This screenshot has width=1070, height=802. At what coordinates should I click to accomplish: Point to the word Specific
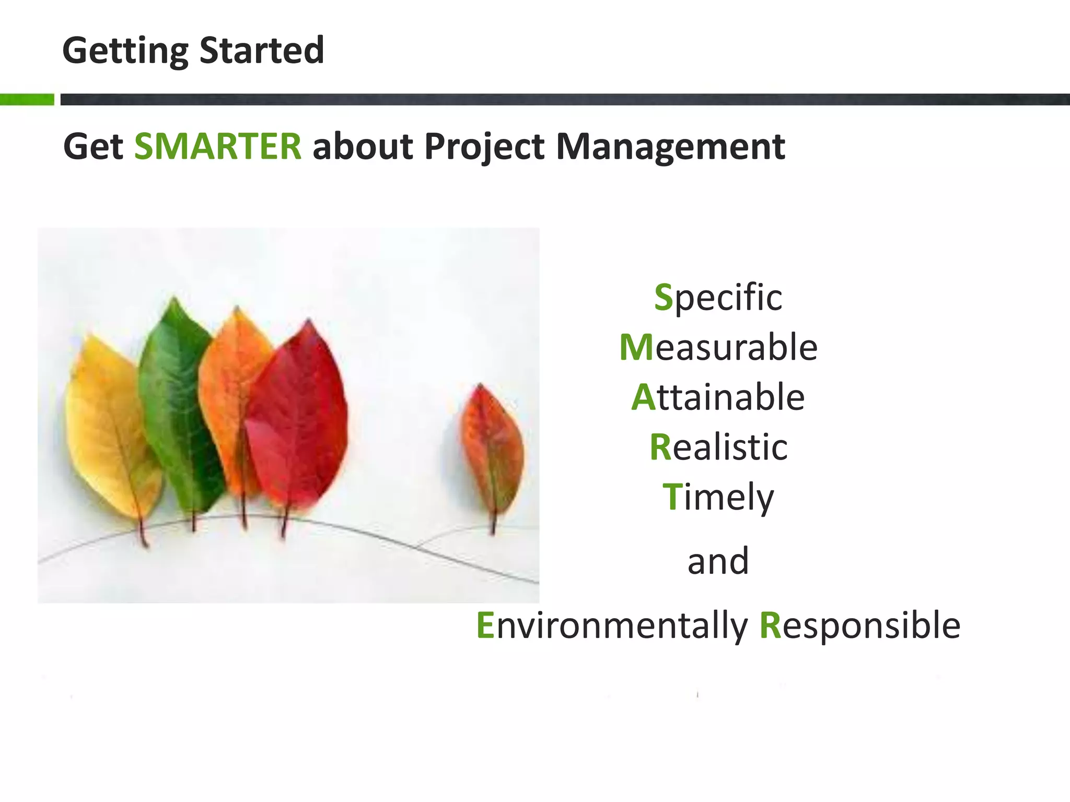coord(718,298)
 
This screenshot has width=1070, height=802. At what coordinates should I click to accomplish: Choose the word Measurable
coord(718,348)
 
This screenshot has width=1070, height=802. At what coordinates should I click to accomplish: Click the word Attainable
coord(718,397)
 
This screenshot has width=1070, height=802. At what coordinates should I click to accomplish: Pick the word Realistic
coord(718,447)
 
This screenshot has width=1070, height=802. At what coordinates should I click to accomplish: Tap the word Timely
coord(718,497)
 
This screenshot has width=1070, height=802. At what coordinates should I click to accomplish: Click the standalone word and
coord(718,561)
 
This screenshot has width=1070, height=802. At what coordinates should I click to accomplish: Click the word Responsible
coord(860,626)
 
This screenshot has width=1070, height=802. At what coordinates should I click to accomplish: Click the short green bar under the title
coord(27,99)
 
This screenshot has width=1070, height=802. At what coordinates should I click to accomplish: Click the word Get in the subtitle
coord(93,147)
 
